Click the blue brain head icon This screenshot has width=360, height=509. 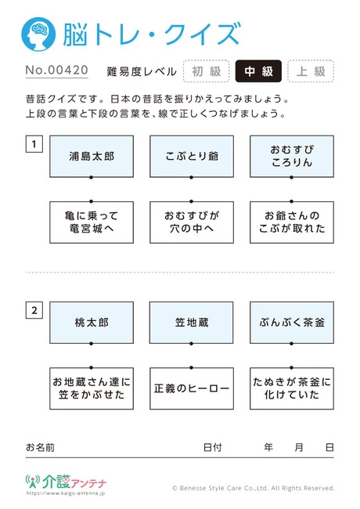[x=38, y=34]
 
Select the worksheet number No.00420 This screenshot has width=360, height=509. [x=57, y=70]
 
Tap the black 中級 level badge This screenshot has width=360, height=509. [x=258, y=71]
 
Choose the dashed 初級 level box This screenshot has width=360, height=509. [x=207, y=71]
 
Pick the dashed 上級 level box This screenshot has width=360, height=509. [x=311, y=71]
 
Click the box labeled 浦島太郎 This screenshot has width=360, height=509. [x=92, y=157]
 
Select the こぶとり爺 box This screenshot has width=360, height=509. [x=192, y=157]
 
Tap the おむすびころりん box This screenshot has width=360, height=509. [x=292, y=157]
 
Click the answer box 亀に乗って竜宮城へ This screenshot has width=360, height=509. [x=92, y=222]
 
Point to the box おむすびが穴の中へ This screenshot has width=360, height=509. [x=192, y=222]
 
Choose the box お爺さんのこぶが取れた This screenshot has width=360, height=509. [x=292, y=222]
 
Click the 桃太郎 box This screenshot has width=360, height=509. [x=92, y=323]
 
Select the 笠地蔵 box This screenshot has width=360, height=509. [x=192, y=323]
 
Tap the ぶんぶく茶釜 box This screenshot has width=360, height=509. [x=292, y=323]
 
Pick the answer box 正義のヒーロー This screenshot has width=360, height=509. [x=192, y=388]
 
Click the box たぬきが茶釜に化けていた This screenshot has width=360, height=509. [x=292, y=388]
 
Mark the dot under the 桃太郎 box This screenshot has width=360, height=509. [x=91, y=344]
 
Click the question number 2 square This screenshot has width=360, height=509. [x=34, y=310]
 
